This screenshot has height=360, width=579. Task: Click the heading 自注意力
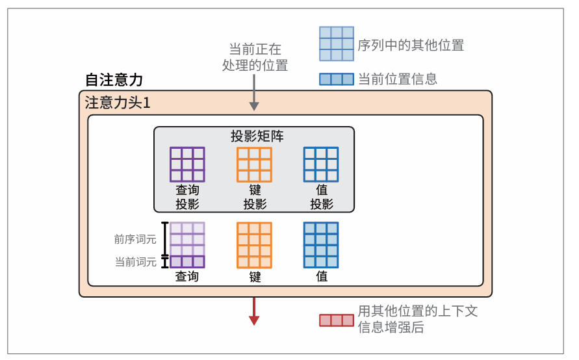pos(114,80)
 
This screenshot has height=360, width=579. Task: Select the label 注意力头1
pos(118,103)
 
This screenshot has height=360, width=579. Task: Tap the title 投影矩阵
pos(257,136)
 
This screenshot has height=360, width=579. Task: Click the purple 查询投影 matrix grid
pos(187,164)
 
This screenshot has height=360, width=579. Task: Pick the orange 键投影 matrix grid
pos(254,164)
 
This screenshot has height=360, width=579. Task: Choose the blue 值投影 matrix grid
pos(321,164)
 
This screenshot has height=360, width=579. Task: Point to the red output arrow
pos(254,311)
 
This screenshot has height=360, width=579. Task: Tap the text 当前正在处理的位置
pos(255,57)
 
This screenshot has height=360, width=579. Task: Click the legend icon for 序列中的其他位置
pos(336,44)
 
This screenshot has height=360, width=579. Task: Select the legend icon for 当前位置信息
pos(336,79)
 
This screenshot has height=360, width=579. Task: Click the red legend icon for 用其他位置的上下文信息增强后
pos(336,320)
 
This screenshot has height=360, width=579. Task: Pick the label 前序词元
pos(135,239)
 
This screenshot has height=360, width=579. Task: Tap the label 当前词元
pos(135,262)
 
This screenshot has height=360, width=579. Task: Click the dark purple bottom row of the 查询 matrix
pos(187,262)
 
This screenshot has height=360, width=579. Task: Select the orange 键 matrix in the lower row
pos(254,245)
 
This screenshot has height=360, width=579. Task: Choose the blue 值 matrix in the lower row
pos(321,245)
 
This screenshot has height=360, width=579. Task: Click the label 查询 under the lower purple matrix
pos(187,277)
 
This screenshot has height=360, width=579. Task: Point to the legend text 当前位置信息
pos(398,79)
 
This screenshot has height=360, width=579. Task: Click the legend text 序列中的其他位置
pos(411,45)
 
